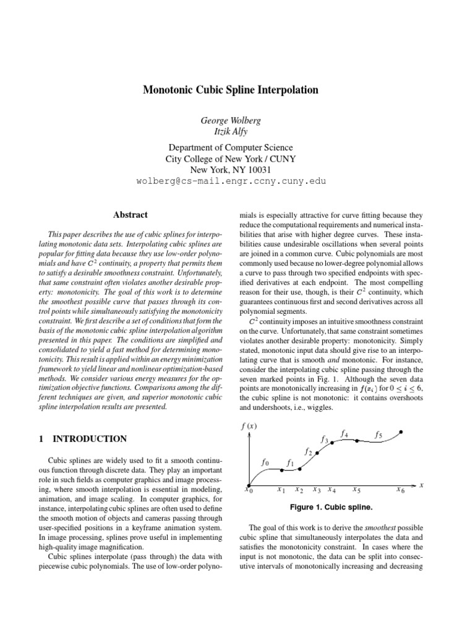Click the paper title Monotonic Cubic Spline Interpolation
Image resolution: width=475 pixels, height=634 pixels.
click(x=231, y=90)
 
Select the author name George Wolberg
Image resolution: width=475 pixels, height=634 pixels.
click(x=231, y=120)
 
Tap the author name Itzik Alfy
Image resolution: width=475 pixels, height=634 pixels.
click(x=231, y=132)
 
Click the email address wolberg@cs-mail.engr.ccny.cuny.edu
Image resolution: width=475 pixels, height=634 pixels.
click(x=231, y=181)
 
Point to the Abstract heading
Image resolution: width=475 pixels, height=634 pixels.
click(x=131, y=215)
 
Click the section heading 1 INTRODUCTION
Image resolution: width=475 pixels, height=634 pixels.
click(x=82, y=439)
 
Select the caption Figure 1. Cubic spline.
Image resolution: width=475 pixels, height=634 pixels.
click(x=331, y=507)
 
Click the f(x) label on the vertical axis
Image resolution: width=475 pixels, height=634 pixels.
click(x=249, y=426)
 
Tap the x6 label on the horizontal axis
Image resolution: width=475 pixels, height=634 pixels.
click(x=401, y=490)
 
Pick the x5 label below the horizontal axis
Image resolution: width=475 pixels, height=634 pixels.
click(x=357, y=490)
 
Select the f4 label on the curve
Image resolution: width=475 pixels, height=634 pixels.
click(x=344, y=434)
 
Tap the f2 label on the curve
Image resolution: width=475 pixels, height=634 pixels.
click(x=307, y=452)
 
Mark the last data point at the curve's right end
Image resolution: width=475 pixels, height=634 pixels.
click(x=402, y=432)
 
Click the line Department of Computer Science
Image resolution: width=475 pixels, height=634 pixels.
click(x=231, y=148)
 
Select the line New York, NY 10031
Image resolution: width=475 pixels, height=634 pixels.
click(x=231, y=170)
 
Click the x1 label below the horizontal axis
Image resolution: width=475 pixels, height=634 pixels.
click(x=281, y=490)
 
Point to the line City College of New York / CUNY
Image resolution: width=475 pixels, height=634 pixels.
click(x=231, y=159)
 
